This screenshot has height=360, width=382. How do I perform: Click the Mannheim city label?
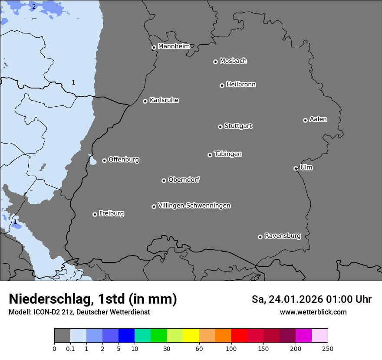point(174,46)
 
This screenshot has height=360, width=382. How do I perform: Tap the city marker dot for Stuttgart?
point(220,127)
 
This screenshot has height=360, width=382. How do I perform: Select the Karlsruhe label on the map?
point(164,100)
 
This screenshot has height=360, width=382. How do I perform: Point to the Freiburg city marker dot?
point(95,214)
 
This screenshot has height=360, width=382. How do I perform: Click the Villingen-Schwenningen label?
point(194,206)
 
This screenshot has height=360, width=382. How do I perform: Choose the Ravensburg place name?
point(283,236)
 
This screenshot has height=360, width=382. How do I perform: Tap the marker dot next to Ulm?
point(296,168)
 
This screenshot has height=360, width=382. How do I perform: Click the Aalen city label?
point(318,119)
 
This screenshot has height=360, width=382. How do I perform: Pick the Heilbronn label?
point(241,85)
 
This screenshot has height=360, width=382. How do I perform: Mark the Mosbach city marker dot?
point(215,62)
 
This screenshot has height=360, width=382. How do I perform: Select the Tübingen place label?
point(228,154)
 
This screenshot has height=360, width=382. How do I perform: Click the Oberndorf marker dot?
point(164,180)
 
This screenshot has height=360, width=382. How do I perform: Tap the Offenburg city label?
point(124,160)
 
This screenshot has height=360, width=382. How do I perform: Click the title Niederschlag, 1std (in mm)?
point(93,299)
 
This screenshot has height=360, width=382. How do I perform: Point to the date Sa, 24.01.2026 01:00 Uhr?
point(311,299)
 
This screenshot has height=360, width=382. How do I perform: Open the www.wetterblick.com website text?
point(313,312)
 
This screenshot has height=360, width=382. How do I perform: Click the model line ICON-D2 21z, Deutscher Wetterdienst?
point(79,312)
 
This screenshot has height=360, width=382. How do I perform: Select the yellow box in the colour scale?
point(191,336)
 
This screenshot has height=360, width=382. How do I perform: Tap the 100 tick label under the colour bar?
point(231,348)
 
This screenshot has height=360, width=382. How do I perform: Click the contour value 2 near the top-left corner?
point(34,7)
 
